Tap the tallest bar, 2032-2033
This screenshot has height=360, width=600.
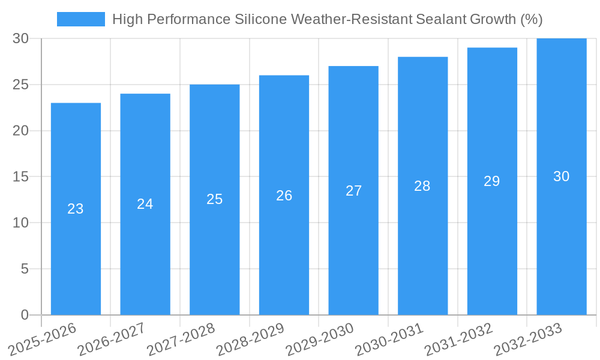(x=562, y=240)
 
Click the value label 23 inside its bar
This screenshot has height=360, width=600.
(x=76, y=209)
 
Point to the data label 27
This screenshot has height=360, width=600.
(x=353, y=191)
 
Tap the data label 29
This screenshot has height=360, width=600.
(x=492, y=181)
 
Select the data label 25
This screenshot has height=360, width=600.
(x=215, y=199)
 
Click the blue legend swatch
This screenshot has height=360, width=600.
(x=81, y=19)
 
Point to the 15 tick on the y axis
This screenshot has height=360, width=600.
(x=20, y=177)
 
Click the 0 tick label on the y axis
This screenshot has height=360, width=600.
(x=25, y=315)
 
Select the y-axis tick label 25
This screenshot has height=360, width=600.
(x=20, y=85)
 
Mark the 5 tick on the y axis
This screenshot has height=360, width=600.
(x=25, y=269)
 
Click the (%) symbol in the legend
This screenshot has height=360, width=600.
(x=531, y=19)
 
